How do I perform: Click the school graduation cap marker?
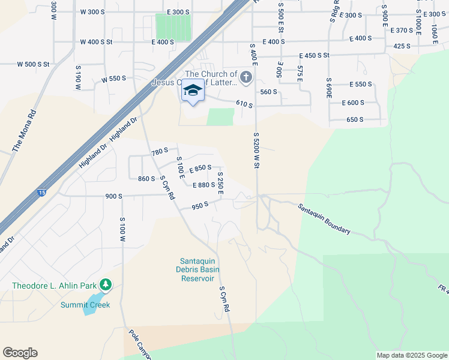point(193,91)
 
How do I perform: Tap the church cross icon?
point(246,77)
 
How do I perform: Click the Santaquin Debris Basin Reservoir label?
point(197,269)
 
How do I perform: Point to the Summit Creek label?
point(85,305)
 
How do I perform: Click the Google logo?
point(20,353)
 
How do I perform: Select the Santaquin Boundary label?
point(324,218)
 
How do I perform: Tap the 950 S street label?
point(200,205)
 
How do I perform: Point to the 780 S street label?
point(160,152)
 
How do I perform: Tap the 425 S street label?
point(402,46)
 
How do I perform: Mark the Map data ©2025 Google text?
point(411,355)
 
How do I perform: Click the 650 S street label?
point(355,119)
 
